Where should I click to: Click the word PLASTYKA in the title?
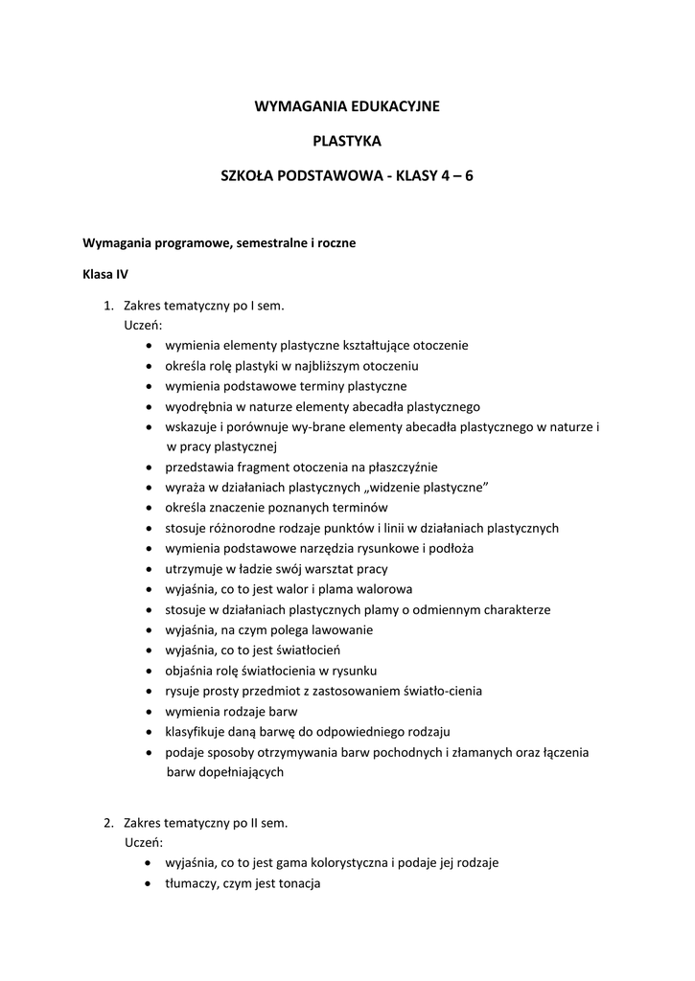tap(347, 141)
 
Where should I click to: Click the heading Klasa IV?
tap(105, 274)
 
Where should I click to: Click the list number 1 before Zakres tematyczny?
tap(107, 307)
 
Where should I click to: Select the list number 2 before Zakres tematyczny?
tap(107, 822)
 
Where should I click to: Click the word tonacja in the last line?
tap(298, 882)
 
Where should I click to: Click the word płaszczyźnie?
tap(400, 468)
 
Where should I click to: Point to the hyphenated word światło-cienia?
tap(431, 692)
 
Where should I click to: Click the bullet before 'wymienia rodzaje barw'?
tap(151, 712)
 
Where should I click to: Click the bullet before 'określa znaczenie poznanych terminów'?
tap(151, 508)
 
